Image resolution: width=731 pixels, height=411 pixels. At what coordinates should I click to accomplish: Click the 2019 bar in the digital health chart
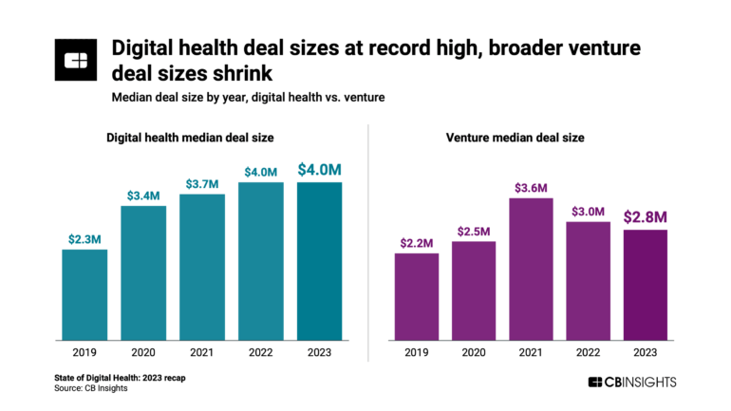point(84,294)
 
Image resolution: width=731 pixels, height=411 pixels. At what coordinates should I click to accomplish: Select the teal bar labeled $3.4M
point(143,272)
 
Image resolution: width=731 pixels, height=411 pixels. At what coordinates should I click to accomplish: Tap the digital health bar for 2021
point(202,267)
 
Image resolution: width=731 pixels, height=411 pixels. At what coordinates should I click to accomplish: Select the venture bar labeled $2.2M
point(417,296)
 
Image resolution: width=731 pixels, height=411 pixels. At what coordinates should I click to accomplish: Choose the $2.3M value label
point(84,238)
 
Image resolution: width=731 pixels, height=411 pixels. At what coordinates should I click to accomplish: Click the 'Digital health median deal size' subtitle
point(189,138)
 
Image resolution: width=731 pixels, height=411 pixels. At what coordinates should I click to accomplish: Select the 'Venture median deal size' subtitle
point(515,138)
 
